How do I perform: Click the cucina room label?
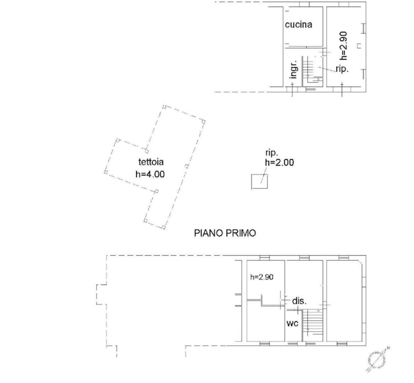pyautogui.click(x=298, y=24)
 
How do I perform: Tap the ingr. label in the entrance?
pyautogui.click(x=293, y=69)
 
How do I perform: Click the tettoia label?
pyautogui.click(x=151, y=162)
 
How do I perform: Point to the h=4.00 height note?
pyautogui.click(x=150, y=174)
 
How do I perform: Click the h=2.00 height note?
pyautogui.click(x=279, y=162)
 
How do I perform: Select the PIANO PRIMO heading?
pyautogui.click(x=225, y=233)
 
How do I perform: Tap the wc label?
pyautogui.click(x=292, y=323)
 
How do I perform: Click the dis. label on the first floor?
pyautogui.click(x=299, y=301)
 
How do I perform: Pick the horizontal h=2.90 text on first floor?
pyautogui.click(x=262, y=277)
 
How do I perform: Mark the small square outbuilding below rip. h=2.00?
pyautogui.click(x=260, y=182)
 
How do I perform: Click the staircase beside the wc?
pyautogui.click(x=313, y=325)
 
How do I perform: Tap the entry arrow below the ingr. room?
pyautogui.click(x=292, y=89)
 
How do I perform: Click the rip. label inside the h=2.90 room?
pyautogui.click(x=342, y=69)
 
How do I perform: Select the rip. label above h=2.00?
pyautogui.click(x=272, y=153)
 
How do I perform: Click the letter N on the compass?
pyautogui.click(x=388, y=348)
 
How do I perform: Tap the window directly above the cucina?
pyautogui.click(x=304, y=4)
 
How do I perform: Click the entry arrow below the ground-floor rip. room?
pyautogui.click(x=342, y=89)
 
